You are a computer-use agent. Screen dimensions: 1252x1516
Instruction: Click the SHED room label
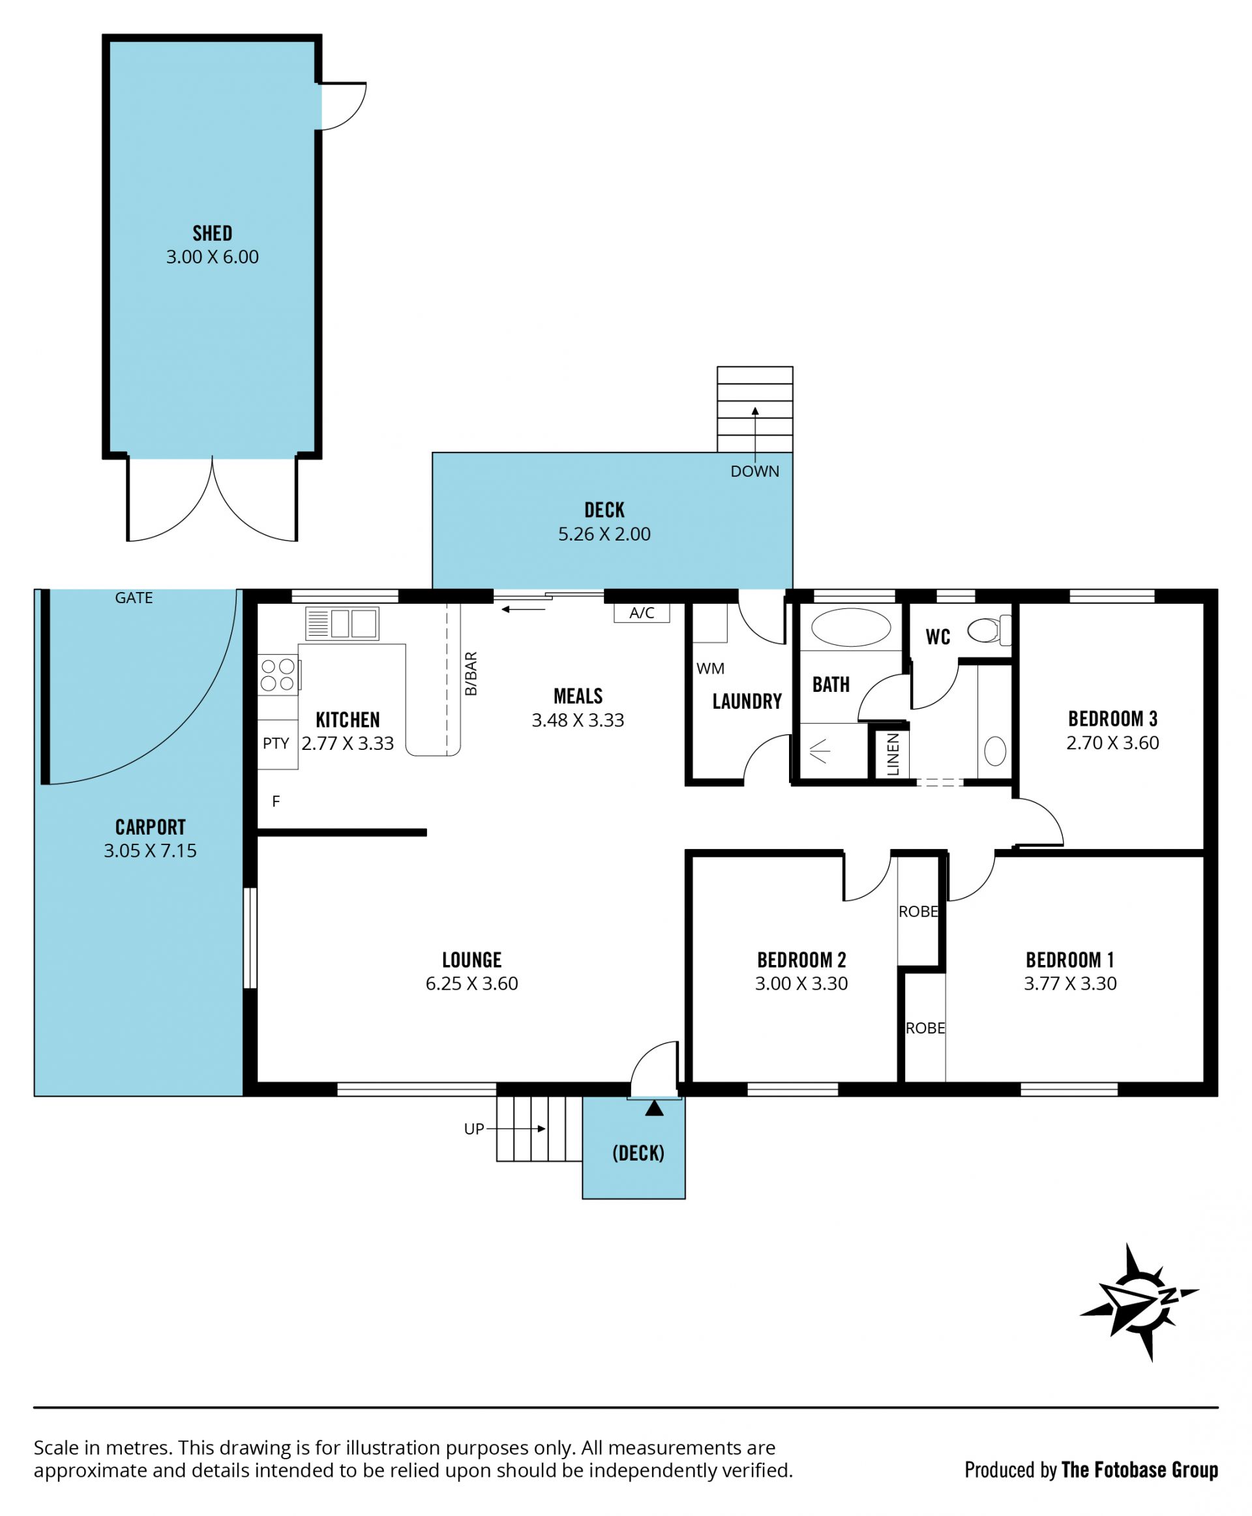tap(212, 233)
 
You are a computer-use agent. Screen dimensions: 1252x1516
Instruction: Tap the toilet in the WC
tap(989, 631)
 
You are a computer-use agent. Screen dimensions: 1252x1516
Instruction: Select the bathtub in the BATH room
tap(851, 627)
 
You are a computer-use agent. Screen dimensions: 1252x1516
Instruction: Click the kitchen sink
tap(341, 624)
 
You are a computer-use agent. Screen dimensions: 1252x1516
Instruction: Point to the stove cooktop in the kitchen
tap(278, 674)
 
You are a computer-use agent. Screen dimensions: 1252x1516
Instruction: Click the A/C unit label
tap(642, 613)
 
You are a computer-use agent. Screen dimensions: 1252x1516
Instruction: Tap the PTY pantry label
tap(275, 743)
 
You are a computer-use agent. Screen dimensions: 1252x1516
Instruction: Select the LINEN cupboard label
tap(893, 754)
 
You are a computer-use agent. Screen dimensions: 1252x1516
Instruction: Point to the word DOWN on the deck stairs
tap(754, 471)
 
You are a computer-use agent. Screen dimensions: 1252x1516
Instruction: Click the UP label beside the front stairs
tap(474, 1129)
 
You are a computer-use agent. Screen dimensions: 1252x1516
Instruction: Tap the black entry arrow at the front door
tap(654, 1108)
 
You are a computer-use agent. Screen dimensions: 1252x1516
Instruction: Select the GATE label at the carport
tap(134, 598)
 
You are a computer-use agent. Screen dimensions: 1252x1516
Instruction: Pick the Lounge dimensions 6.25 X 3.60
tap(471, 984)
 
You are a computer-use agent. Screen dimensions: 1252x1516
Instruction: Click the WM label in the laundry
tap(710, 668)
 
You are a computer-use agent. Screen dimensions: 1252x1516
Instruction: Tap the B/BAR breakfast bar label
tap(471, 674)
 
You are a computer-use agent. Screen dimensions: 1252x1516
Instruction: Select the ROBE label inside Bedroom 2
tap(918, 912)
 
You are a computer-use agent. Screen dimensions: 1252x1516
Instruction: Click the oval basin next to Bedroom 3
tap(995, 752)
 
